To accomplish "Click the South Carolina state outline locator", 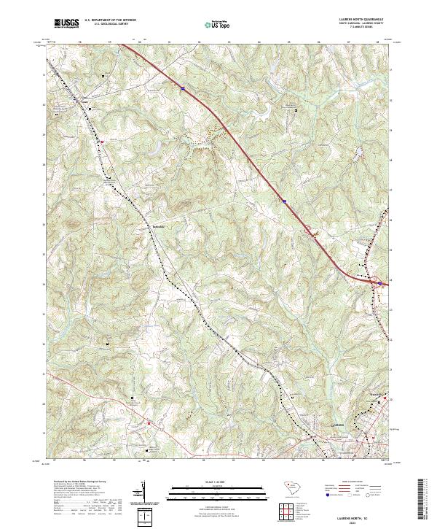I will pos(290,490).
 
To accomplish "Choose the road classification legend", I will pos(355,493).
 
